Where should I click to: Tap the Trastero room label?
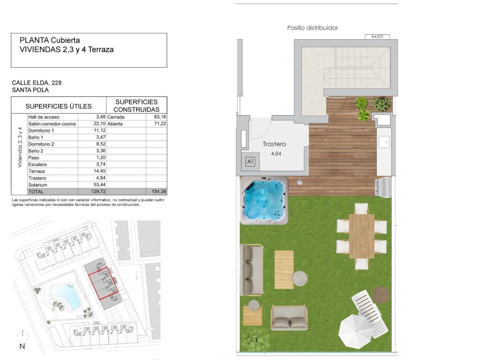[x=274, y=144]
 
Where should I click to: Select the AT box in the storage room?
[x=250, y=161]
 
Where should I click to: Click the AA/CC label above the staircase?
[x=377, y=36]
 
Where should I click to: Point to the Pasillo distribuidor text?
[x=313, y=28]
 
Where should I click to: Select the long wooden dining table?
[x=362, y=236]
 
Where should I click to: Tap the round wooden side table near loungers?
[x=380, y=295]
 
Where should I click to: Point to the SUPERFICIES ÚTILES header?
[x=59, y=106]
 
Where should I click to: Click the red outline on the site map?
[x=103, y=282]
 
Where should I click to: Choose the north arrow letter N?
[x=22, y=346]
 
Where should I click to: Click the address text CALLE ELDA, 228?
[x=37, y=83]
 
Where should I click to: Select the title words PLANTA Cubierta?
[x=50, y=40]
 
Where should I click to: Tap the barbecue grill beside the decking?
[x=384, y=187]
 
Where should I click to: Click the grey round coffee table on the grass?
[x=300, y=279]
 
